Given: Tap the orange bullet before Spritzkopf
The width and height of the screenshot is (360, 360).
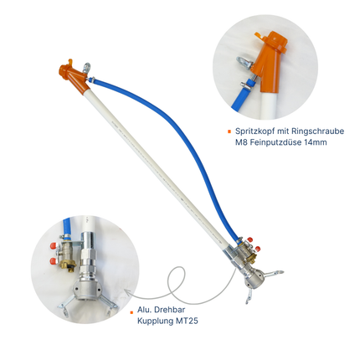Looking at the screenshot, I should tap(229, 131).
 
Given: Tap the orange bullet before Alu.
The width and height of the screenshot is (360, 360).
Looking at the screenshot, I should tap(131, 310).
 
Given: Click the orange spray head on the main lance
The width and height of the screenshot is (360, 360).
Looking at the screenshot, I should tap(70, 76).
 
